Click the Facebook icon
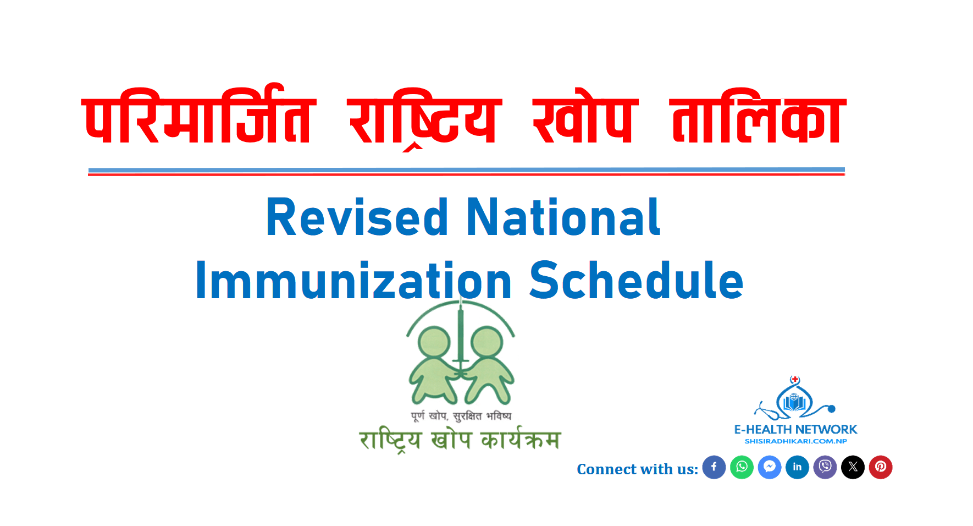(714, 467)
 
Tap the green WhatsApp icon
(742, 467)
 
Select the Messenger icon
(770, 467)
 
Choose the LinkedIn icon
(797, 467)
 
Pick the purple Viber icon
(825, 467)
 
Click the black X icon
(853, 467)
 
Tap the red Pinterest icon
(881, 467)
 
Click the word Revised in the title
(357, 218)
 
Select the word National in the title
(563, 217)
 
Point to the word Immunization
(354, 281)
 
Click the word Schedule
(637, 281)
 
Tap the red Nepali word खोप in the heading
(585, 119)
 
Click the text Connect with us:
(637, 469)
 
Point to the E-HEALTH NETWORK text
(795, 430)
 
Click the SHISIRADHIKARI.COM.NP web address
(795, 441)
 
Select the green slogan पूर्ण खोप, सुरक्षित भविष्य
(461, 416)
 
